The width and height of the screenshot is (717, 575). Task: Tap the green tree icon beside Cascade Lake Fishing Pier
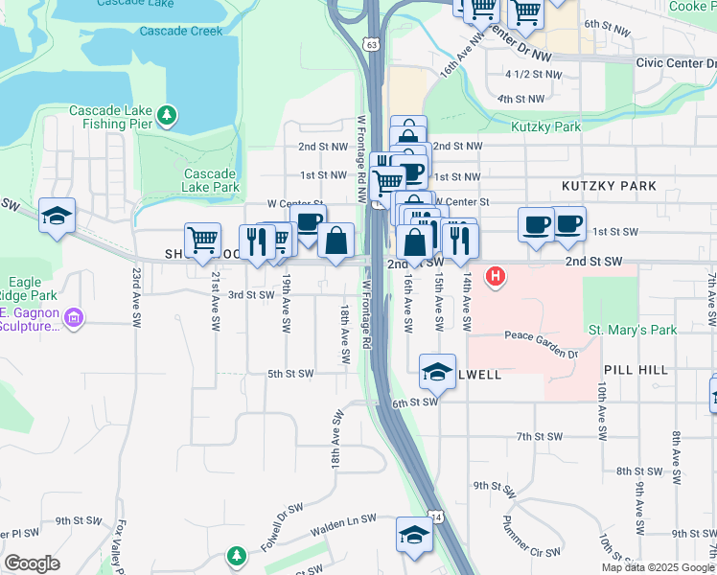(x=168, y=116)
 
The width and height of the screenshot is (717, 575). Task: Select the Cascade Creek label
(x=180, y=31)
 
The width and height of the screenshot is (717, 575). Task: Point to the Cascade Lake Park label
(x=211, y=180)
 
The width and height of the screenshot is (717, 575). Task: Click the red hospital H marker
(x=496, y=278)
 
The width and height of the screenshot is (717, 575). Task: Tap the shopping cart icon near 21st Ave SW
(x=202, y=241)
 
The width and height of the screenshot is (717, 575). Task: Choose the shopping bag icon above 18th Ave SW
(x=336, y=241)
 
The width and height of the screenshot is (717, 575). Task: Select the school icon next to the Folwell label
(x=437, y=372)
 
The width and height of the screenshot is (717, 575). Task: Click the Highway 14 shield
(x=436, y=517)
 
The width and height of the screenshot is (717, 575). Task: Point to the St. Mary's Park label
(x=633, y=331)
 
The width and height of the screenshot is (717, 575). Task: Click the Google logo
(x=32, y=563)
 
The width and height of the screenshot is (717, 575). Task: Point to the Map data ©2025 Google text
(x=658, y=567)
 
